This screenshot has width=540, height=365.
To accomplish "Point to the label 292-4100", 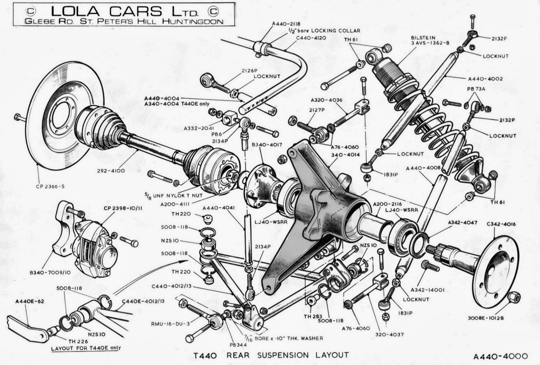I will [x=111, y=171].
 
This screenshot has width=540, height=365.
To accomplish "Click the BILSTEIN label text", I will [x=423, y=38].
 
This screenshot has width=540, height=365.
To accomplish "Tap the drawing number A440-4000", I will [x=500, y=356].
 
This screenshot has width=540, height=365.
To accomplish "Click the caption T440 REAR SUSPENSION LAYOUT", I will [x=271, y=355].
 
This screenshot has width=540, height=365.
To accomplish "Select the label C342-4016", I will [x=501, y=224].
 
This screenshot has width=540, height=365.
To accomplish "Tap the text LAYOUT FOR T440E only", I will [x=86, y=348].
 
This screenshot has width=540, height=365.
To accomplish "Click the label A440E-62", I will [x=30, y=301].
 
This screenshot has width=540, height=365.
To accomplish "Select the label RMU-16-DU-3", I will [x=170, y=324].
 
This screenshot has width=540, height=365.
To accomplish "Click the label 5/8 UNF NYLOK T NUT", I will [x=173, y=195].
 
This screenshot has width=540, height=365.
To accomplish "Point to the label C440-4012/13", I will [x=171, y=286].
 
